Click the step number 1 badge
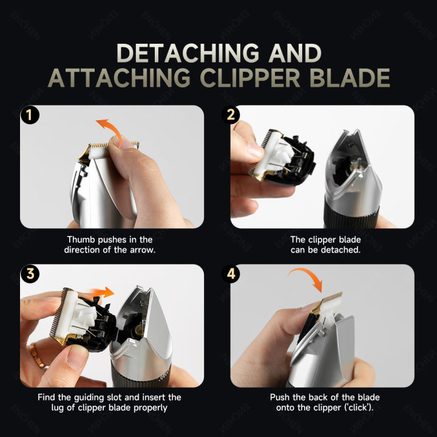pos(30,115)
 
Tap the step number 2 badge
pos(231,115)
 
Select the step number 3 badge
pos(30,274)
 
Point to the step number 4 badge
pos(231,274)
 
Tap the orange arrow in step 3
pos(103,293)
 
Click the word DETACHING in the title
pos(188,53)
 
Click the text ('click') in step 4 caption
pos(359,408)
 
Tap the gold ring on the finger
pos(36,355)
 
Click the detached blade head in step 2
pos(282,157)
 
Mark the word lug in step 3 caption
pos(58,408)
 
